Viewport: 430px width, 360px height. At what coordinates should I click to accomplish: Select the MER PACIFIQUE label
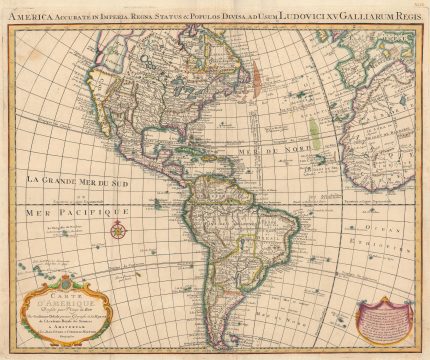[x=75, y=212]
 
